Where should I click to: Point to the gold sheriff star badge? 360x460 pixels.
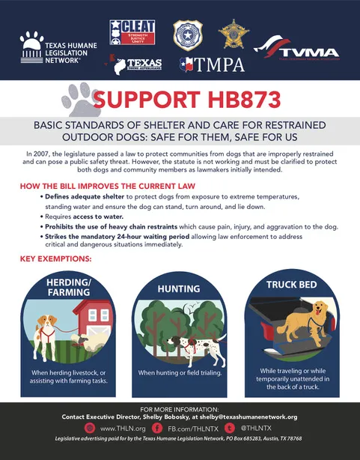point(230,32)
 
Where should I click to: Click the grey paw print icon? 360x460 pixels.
point(82,100)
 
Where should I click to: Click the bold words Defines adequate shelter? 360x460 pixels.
point(79,196)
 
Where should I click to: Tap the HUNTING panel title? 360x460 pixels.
point(178,288)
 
